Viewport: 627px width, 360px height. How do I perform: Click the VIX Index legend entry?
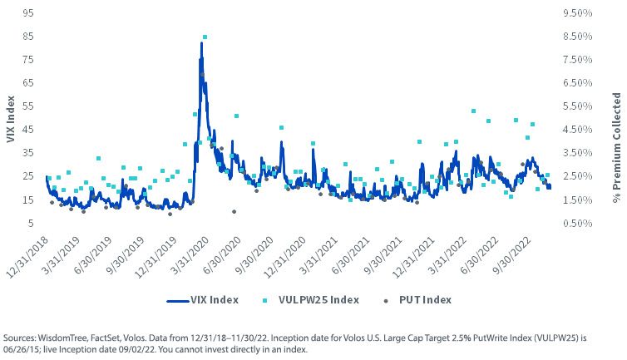coord(203,300)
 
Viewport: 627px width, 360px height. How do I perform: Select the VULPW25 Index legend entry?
coord(311,300)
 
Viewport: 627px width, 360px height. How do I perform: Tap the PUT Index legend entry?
coord(417,300)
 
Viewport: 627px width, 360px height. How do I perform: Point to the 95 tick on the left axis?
coord(28,12)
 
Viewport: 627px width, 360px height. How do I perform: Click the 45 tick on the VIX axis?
coord(28,129)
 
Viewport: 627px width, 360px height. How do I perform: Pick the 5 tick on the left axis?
coord(31,223)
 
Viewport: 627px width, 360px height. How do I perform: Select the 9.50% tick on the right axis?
coord(577,12)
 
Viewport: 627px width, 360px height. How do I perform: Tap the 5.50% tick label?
coord(577,106)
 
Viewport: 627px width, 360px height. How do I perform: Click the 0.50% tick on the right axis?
coord(577,223)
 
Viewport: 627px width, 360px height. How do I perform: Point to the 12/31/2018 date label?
coord(27,257)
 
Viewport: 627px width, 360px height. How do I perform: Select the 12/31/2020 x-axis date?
coord(284,257)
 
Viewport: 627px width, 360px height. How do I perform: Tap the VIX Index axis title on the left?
coord(11,119)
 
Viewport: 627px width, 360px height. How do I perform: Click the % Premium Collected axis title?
coord(617,148)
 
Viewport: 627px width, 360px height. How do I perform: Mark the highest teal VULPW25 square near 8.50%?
coord(205,37)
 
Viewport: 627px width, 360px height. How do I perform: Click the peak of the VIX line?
coord(201,42)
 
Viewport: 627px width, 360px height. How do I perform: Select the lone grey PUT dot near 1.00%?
coord(234,212)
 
